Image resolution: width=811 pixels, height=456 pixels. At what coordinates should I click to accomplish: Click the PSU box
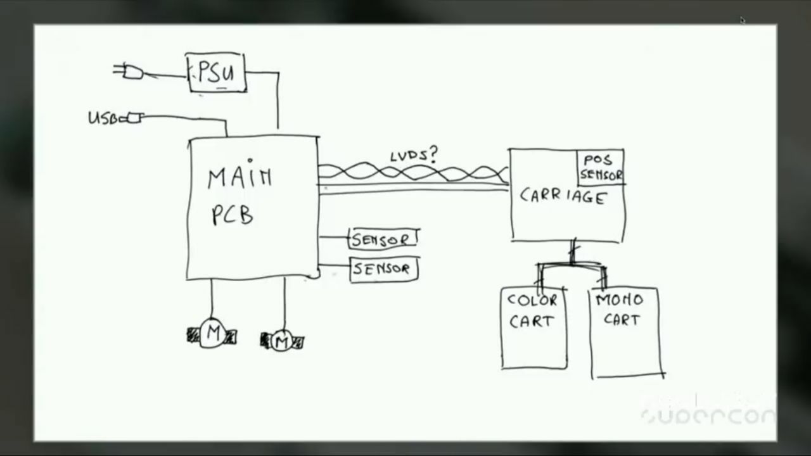[217, 73]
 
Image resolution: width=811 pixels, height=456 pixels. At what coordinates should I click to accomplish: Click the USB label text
[100, 118]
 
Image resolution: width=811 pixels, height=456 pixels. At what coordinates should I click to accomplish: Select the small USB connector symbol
[135, 118]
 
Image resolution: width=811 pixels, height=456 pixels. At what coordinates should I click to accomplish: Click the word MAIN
[239, 178]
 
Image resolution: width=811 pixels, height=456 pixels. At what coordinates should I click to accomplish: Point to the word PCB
[232, 215]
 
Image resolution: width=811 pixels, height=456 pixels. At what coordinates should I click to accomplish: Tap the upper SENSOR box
[383, 239]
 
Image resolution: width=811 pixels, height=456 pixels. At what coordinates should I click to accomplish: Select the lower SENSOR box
[383, 269]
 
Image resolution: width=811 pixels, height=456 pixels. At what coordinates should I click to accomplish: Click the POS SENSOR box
[601, 168]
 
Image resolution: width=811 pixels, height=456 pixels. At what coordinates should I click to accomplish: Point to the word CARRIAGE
[563, 196]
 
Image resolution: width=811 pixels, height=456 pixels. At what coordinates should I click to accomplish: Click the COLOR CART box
[533, 327]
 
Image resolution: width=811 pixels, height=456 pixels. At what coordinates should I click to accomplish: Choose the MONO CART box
[624, 332]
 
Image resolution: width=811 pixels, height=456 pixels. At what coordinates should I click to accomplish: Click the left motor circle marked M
[213, 333]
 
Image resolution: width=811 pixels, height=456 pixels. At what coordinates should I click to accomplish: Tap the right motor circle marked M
[282, 341]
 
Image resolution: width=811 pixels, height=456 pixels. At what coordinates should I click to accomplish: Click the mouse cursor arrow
[743, 20]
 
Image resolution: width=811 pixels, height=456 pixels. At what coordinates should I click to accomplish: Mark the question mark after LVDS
[434, 153]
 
